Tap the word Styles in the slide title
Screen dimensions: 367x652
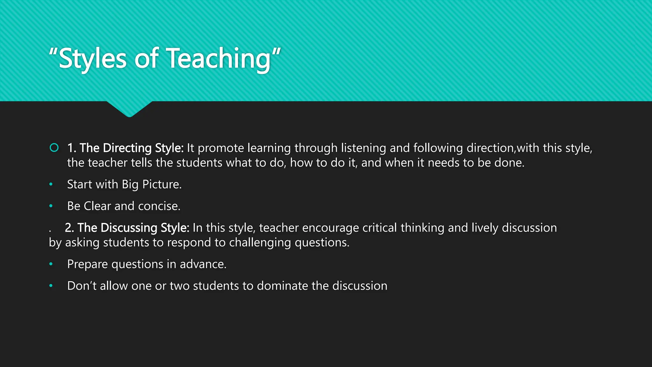[93, 59]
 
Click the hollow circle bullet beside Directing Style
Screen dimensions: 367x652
[54, 148]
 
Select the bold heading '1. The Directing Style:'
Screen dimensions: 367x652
[125, 148]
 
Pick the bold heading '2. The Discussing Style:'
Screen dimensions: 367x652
[127, 228]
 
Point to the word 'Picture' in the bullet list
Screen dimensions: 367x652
[161, 184]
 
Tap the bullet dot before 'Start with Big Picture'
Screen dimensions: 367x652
[51, 184]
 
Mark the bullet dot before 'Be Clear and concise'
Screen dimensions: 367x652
[51, 206]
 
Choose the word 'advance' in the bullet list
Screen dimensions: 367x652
[202, 264]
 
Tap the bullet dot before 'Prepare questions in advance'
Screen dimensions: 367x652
[51, 264]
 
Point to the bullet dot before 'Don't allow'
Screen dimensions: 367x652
[51, 286]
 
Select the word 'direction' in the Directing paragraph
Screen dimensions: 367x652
[490, 148]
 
